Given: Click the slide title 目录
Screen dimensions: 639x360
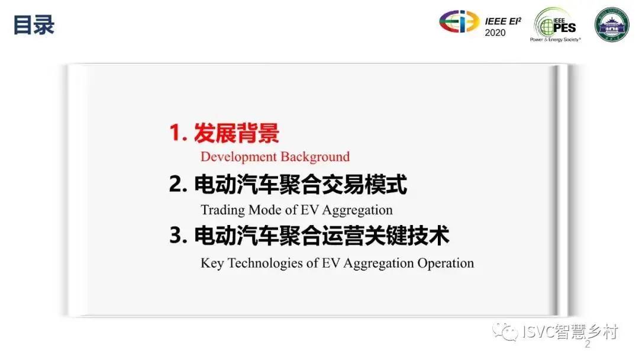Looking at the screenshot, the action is [34, 25].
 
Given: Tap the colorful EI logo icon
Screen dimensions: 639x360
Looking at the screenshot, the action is [459, 21].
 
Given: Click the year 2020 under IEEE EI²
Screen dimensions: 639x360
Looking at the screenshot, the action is [495, 33].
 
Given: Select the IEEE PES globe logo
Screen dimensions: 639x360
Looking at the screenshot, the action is [555, 25].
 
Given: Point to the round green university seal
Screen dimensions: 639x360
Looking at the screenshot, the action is [612, 24].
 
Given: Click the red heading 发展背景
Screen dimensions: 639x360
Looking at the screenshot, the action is [236, 133].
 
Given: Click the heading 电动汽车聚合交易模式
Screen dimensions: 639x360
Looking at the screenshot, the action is [301, 184].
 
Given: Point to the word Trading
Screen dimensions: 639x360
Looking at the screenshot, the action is [222, 210].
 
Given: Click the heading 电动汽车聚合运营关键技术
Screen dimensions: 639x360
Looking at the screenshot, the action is [321, 236].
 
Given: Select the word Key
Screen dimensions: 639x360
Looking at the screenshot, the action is [212, 263].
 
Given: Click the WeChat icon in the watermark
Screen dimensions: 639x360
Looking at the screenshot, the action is [505, 332].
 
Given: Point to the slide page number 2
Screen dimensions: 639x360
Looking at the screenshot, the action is [588, 345].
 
